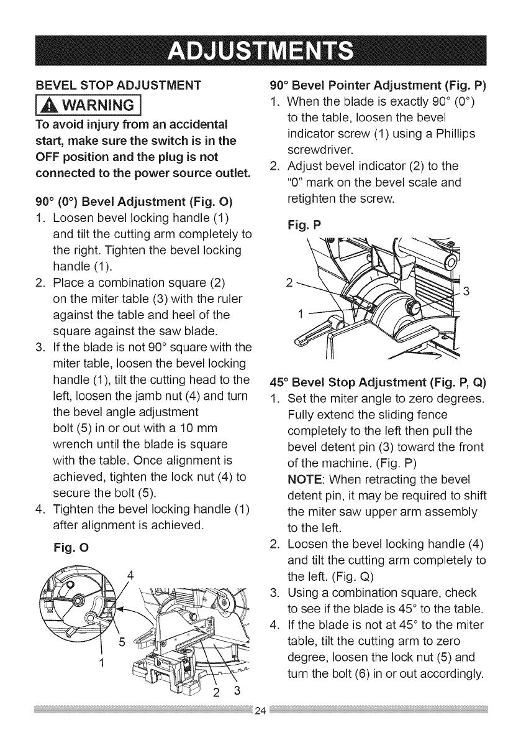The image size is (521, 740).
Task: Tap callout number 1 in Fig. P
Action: [x=301, y=313]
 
